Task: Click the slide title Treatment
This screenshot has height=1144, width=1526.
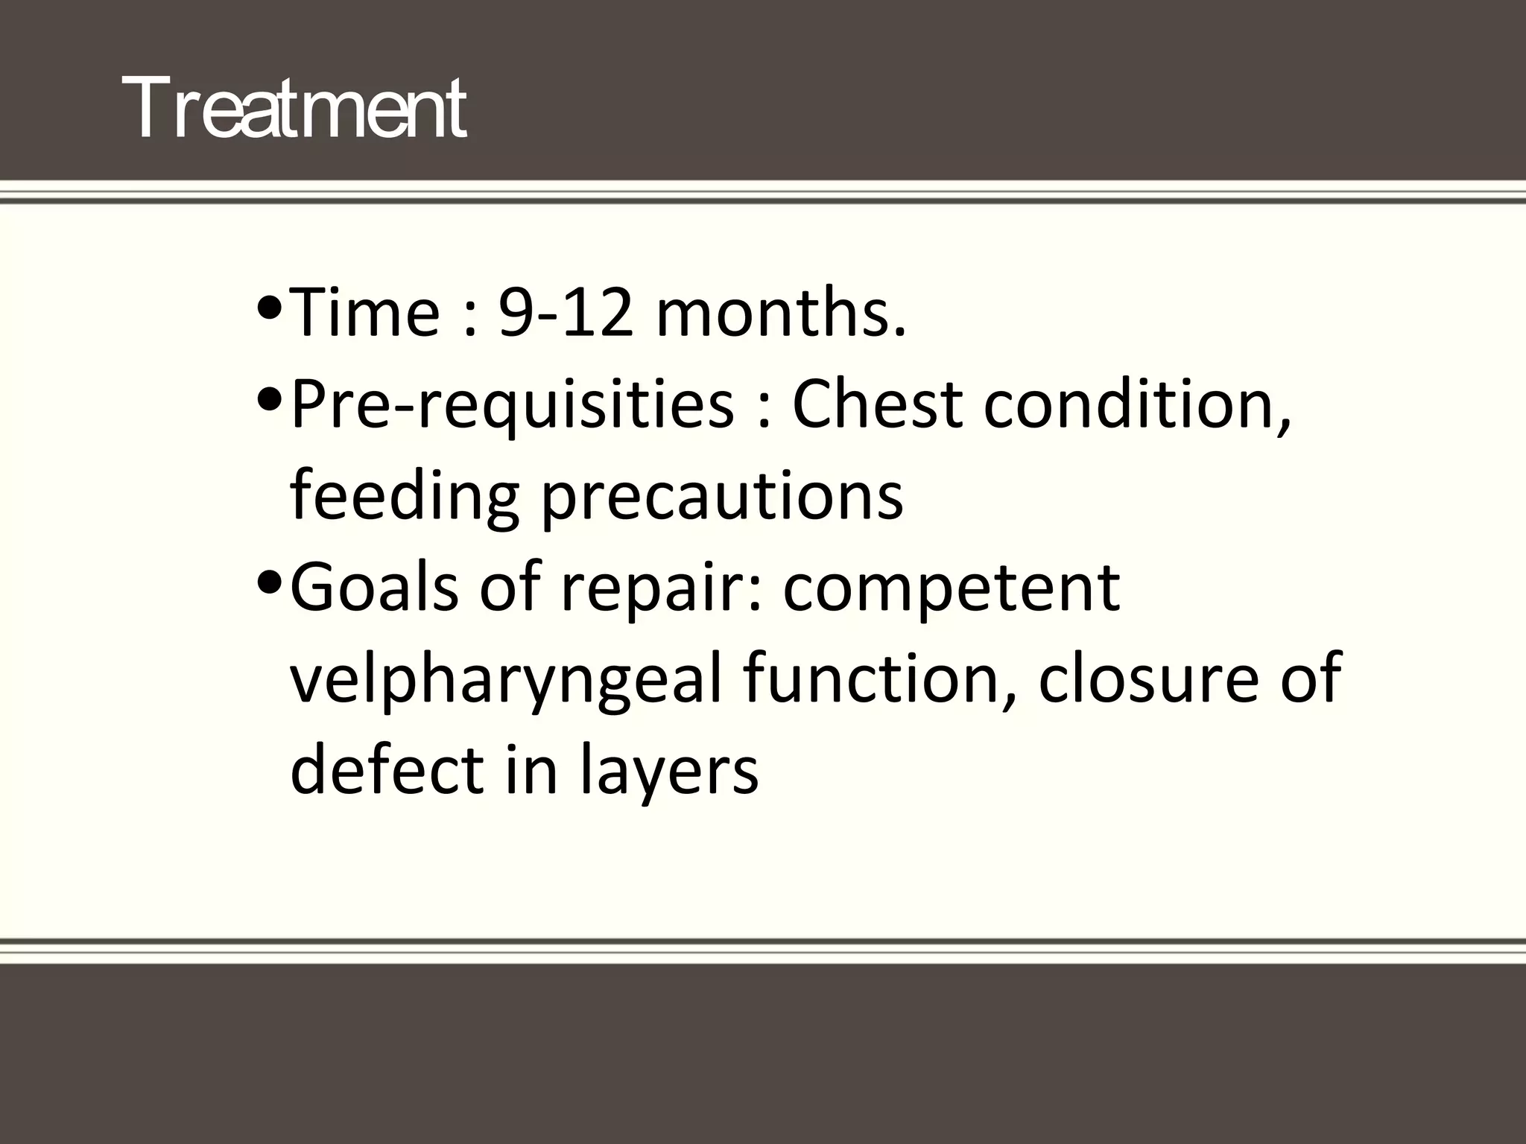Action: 295,109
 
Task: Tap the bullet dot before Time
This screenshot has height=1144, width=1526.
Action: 268,307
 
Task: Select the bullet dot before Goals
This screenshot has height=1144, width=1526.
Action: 268,582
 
